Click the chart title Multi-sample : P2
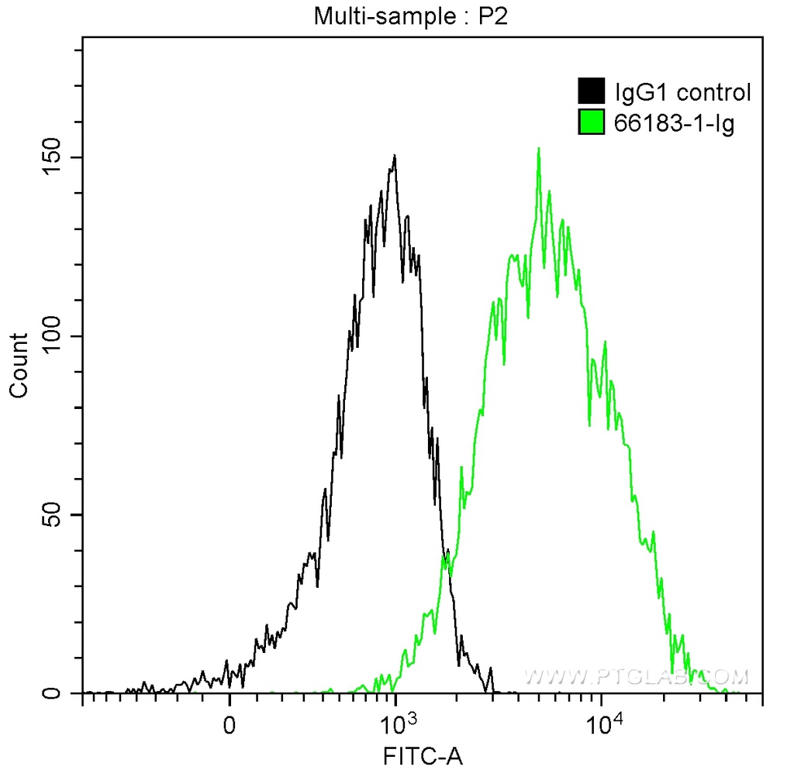(x=409, y=16)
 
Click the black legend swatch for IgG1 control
(x=591, y=92)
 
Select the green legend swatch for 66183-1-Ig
(x=591, y=122)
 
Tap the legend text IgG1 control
(x=682, y=93)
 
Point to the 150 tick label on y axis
(x=53, y=157)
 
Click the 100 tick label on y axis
(x=53, y=336)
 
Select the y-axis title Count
(x=19, y=365)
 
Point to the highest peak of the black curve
(x=395, y=156)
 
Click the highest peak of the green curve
(x=538, y=149)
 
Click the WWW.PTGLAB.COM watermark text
(x=637, y=677)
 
